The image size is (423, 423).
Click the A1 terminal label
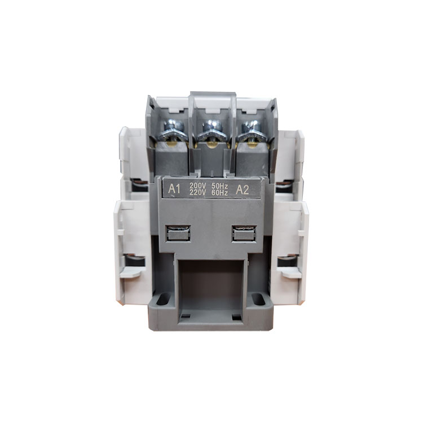click(174, 189)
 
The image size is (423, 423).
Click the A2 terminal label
click(243, 190)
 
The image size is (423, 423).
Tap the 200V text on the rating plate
click(198, 186)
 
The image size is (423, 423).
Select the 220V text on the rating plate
click(198, 192)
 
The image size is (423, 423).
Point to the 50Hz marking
click(220, 186)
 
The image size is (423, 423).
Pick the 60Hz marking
click(220, 193)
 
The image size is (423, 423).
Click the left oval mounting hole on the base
click(163, 299)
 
